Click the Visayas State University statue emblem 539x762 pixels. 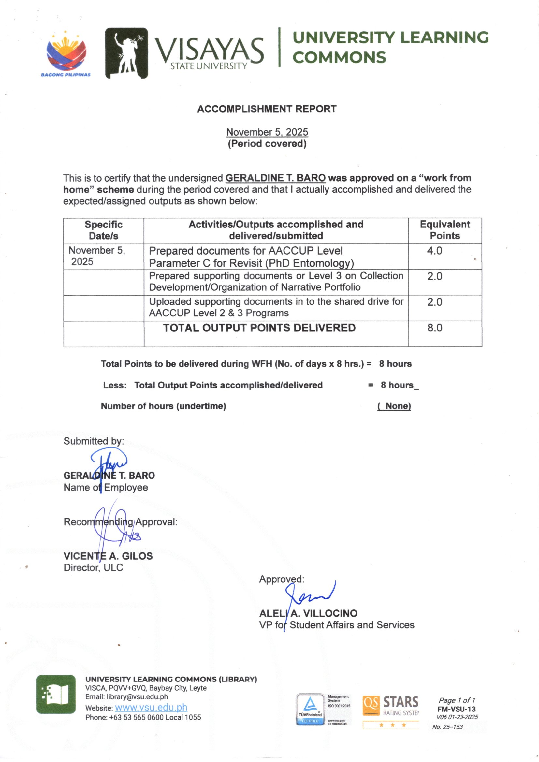point(126,53)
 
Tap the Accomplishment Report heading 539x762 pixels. point(267,109)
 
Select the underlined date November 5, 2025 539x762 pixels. point(267,132)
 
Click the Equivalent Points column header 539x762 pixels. point(445,230)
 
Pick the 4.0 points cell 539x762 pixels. point(434,251)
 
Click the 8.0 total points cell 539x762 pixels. point(434,328)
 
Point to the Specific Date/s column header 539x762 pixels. point(104,230)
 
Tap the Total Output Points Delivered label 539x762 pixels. point(259,328)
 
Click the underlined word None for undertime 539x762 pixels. point(394,406)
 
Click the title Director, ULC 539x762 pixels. point(93,567)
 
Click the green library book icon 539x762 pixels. point(56,694)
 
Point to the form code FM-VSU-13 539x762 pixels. point(456,709)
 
